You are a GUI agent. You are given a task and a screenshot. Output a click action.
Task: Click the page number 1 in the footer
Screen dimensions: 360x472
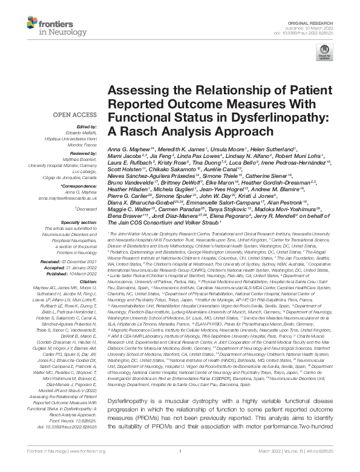click(x=180, y=467)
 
